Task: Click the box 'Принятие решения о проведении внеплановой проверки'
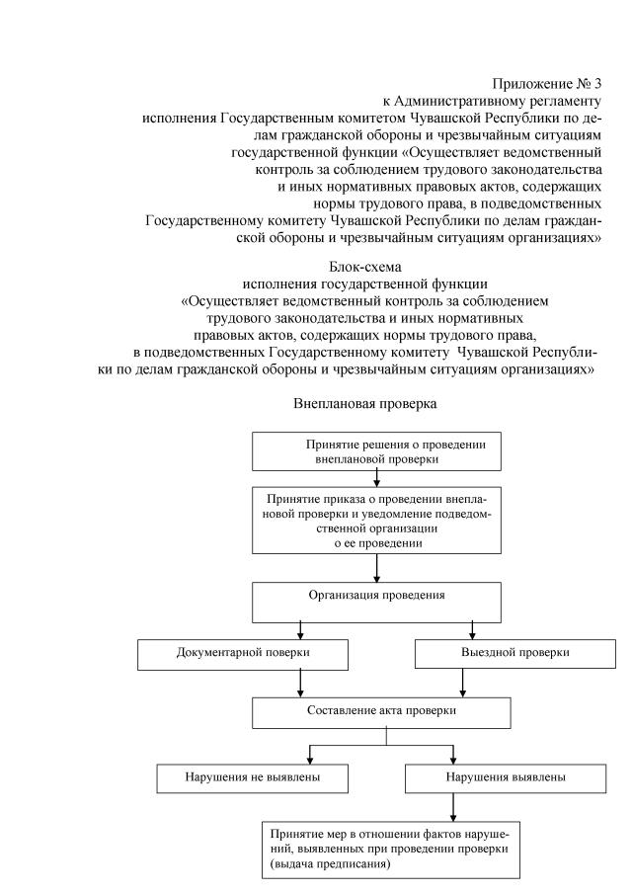click(x=376, y=451)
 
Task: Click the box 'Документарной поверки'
click(x=243, y=654)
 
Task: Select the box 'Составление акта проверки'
click(x=376, y=712)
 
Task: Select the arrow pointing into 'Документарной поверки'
click(x=299, y=630)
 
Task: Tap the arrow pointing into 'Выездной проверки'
click(x=473, y=630)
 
